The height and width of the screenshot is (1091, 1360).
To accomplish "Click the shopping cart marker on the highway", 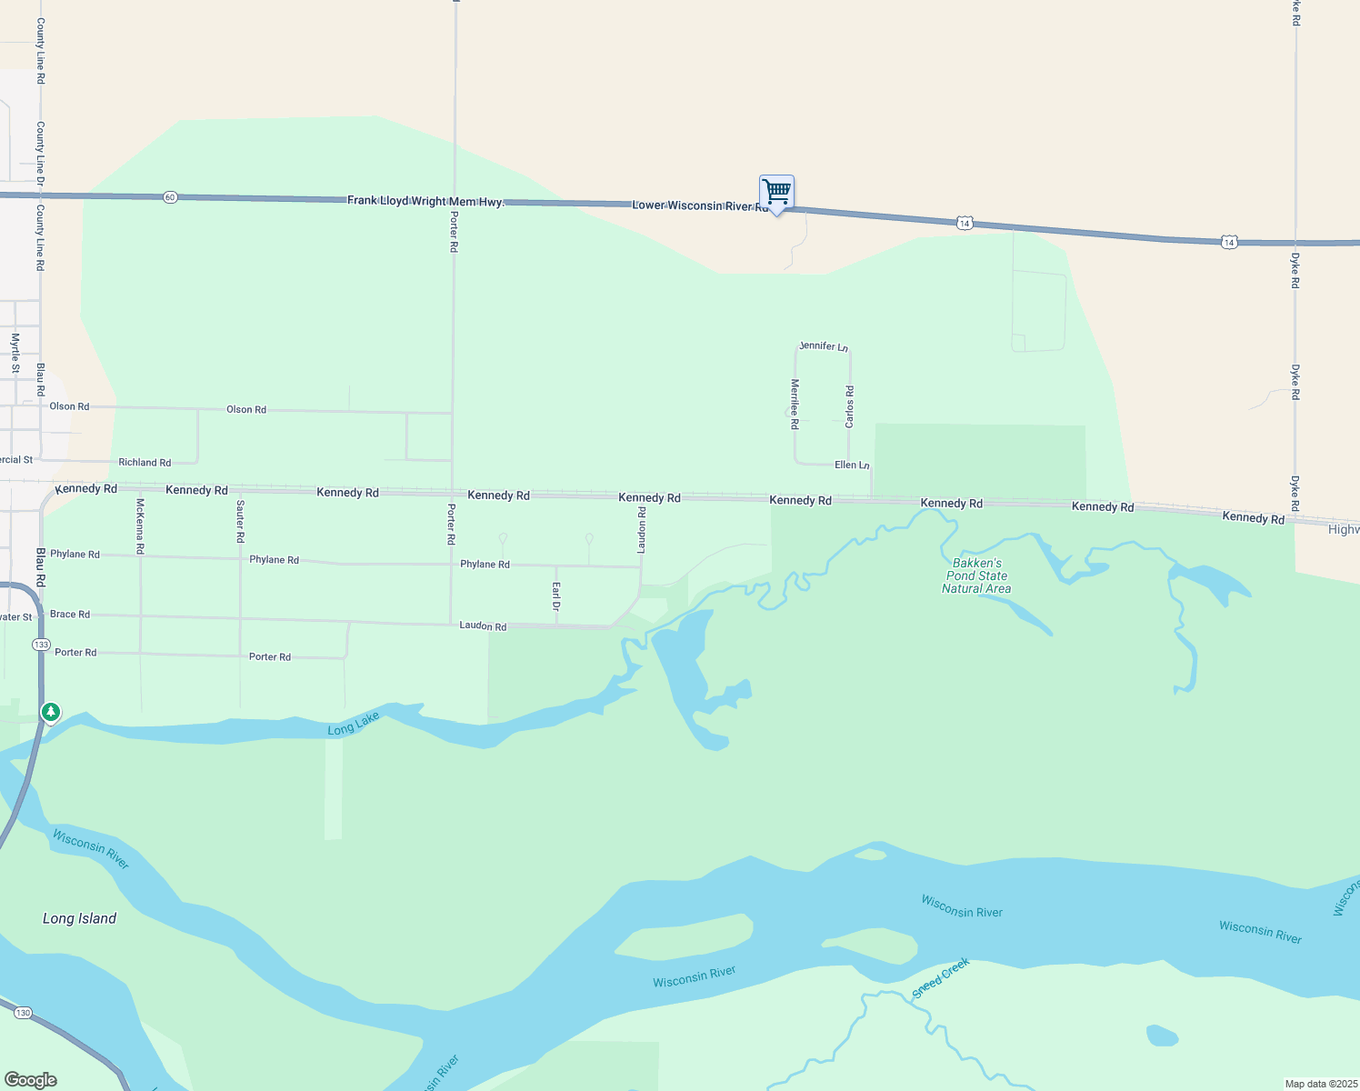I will tap(776, 193).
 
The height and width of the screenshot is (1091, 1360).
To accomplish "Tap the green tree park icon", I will tap(51, 712).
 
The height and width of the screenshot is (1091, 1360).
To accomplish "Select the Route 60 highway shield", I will tap(170, 197).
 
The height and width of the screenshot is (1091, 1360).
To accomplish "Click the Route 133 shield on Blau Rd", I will tap(41, 645).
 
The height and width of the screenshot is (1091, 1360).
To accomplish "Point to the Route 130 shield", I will tap(23, 1012).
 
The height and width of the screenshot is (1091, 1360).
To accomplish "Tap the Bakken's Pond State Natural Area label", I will tap(976, 576).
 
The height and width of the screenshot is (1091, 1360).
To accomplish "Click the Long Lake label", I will tap(354, 724).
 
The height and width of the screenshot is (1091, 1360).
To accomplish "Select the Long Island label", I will tap(79, 918).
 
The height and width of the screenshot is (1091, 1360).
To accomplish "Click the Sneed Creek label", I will tap(941, 978).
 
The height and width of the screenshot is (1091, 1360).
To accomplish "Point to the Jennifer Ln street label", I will tap(824, 346).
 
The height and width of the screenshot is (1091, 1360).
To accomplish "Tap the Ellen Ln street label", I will tap(852, 465).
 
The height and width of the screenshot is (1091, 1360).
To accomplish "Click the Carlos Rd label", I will tap(850, 406).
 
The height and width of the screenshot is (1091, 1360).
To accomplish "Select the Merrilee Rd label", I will tap(795, 404).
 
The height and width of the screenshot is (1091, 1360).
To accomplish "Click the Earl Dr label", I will tap(556, 596).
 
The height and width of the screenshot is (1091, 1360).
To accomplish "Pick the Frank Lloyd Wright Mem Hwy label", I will tap(425, 201).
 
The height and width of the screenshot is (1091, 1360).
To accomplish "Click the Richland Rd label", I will tap(145, 463).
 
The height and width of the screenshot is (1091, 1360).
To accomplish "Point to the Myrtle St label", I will tap(15, 354).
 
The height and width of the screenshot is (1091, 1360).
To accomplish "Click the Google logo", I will tap(30, 1080).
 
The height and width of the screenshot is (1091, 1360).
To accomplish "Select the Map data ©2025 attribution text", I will tap(1320, 1084).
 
